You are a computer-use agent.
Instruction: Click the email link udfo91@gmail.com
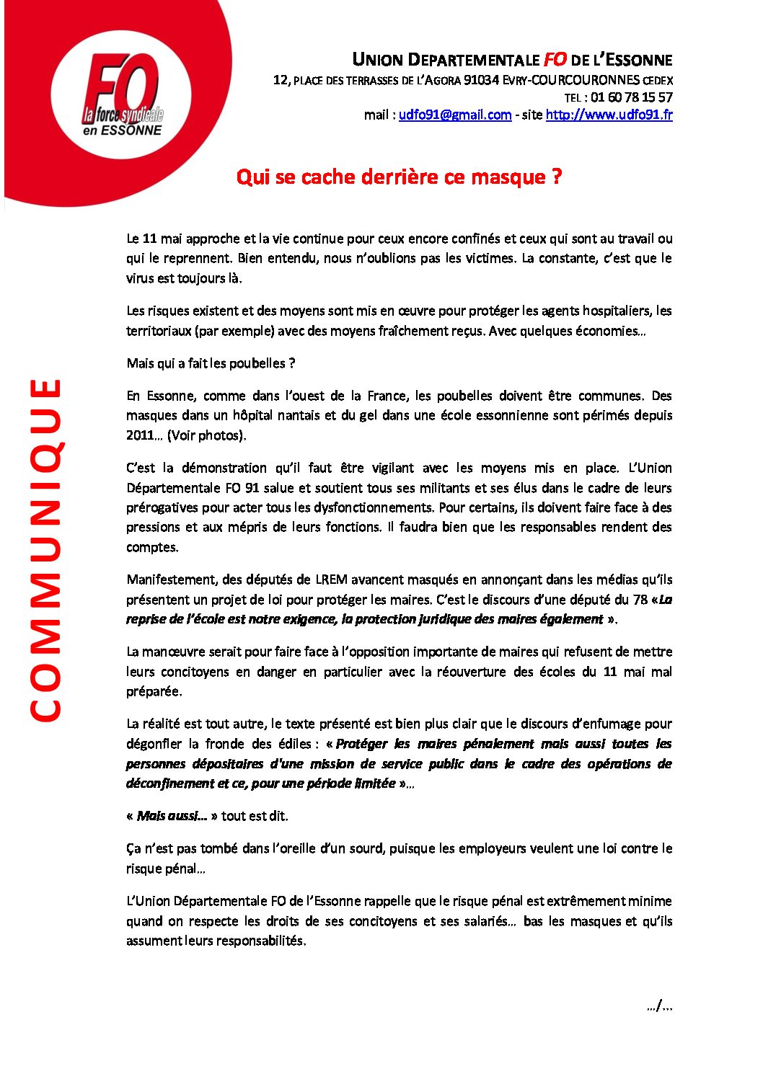coord(454,115)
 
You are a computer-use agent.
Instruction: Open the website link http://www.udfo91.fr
coord(609,115)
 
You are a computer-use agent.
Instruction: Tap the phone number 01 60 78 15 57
coord(631,97)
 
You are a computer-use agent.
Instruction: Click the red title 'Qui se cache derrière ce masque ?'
coord(399,177)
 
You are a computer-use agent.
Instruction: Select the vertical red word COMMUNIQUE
coord(45,549)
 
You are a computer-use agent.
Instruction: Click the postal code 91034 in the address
coord(481,80)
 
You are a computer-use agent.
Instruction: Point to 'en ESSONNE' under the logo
coord(122,130)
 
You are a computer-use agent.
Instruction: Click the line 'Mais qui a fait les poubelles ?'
coord(211,363)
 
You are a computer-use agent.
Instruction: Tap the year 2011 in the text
coord(140,435)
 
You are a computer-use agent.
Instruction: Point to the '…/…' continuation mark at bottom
coord(659,1006)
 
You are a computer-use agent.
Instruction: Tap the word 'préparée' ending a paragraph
coord(153,691)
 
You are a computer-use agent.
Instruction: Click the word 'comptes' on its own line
coord(151,547)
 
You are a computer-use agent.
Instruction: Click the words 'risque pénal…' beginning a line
coord(165,869)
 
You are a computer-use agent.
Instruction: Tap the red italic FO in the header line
coord(555,60)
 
